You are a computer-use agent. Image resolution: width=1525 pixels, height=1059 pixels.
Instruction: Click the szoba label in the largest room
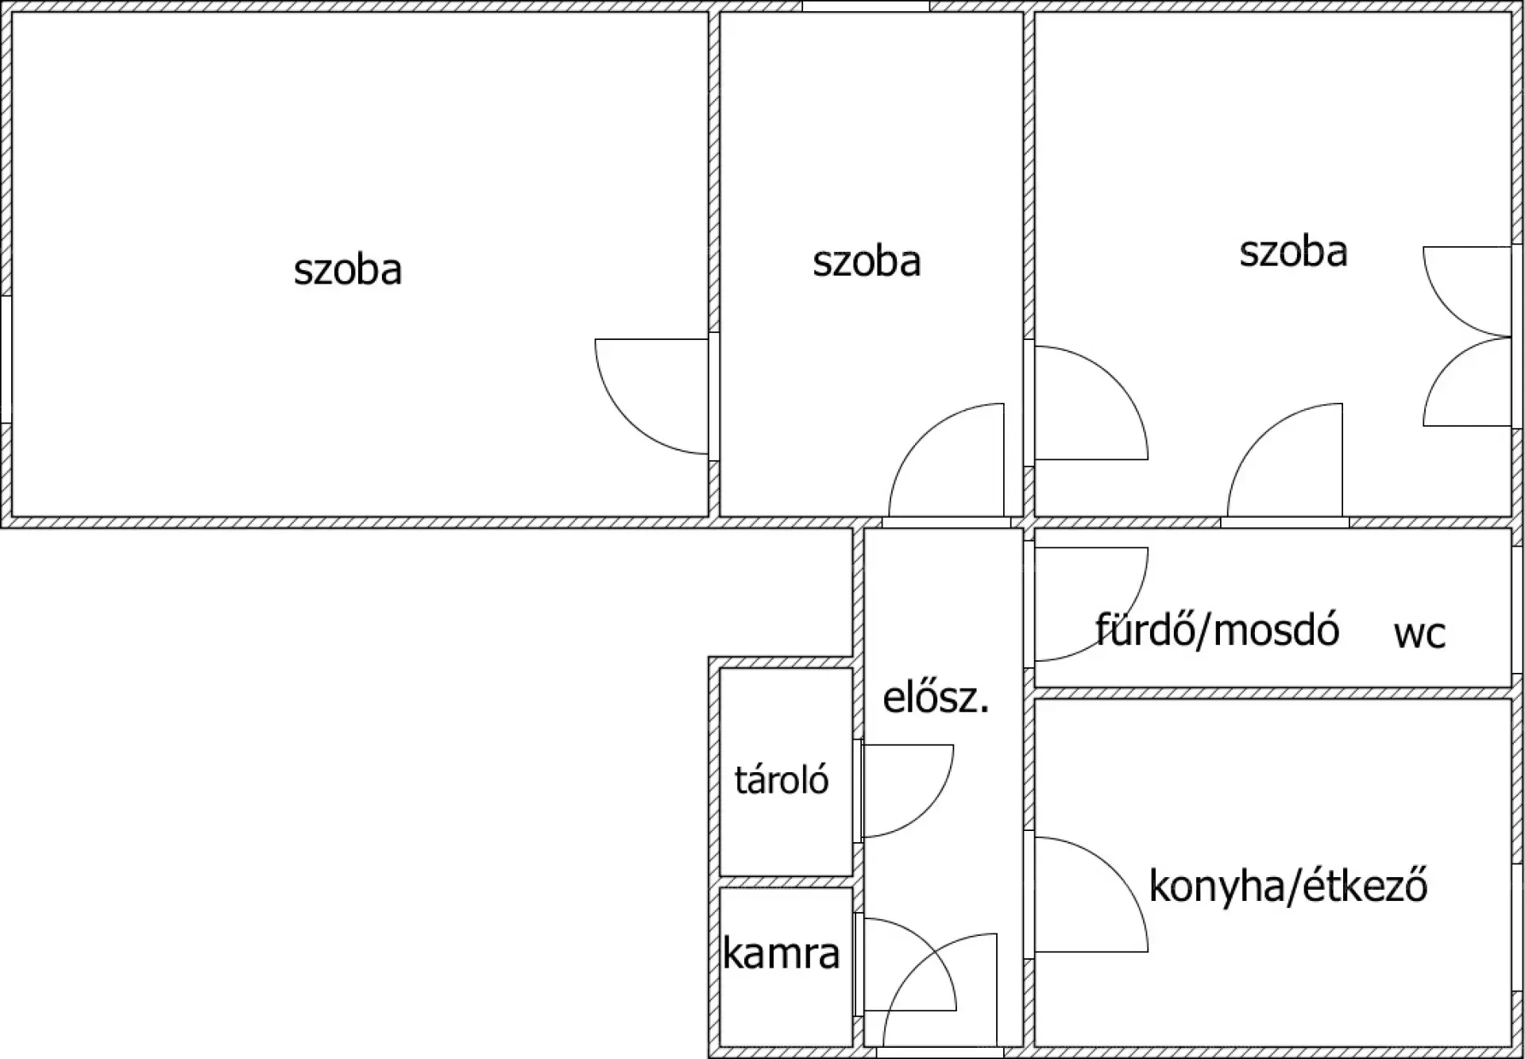tap(348, 270)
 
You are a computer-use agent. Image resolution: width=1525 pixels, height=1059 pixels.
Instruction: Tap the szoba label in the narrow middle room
tap(867, 262)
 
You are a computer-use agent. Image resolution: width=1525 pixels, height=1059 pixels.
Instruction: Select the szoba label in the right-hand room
tap(1293, 252)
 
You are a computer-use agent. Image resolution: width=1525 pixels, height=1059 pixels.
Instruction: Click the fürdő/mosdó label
tap(1217, 631)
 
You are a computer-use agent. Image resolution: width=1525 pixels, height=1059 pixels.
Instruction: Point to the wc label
tap(1419, 634)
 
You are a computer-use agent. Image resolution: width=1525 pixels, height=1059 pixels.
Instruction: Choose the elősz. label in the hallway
tap(936, 699)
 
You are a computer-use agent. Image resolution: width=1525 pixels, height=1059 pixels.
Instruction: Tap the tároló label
tap(782, 780)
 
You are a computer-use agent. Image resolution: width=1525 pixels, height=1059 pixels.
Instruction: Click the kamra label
tap(782, 953)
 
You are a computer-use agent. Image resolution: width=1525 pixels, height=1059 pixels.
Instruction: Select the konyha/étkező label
tap(1288, 886)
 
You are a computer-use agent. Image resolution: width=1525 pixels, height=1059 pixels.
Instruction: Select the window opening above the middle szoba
tap(866, 6)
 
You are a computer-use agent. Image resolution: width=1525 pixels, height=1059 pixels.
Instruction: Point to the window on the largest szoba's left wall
tap(6, 359)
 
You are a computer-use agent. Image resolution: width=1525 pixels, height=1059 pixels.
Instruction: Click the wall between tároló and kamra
tap(786, 882)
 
